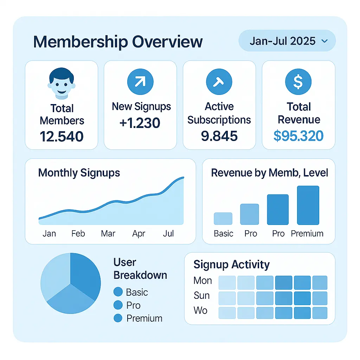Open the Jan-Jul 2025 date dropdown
287,41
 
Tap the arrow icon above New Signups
140,82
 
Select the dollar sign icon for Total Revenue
298,82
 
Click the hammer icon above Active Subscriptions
219,82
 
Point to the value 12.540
62,136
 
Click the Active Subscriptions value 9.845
219,136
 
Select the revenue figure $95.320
298,136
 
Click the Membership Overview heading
118,42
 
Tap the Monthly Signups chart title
79,173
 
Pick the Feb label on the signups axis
78,234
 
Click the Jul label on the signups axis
168,234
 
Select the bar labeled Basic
223,218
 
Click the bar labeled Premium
308,205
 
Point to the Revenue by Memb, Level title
269,173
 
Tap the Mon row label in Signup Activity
203,281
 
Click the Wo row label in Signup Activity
201,311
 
